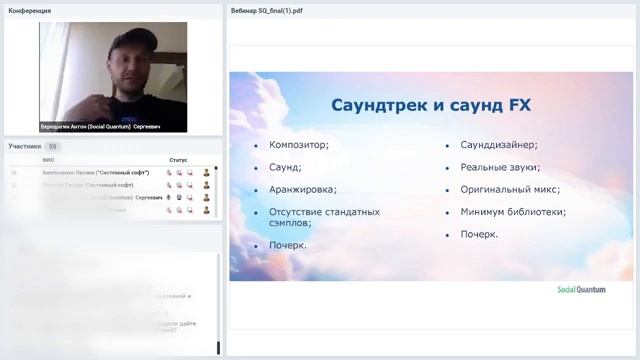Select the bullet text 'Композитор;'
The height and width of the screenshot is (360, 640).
[298, 145]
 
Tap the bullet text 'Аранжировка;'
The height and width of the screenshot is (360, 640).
[302, 189]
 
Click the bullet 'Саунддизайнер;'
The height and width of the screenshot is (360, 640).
[499, 145]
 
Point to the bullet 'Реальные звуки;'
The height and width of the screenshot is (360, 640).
[500, 167]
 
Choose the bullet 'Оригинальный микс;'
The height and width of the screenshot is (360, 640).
[510, 189]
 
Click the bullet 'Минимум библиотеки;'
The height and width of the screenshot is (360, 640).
[513, 212]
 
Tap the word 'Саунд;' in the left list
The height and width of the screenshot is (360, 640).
[285, 167]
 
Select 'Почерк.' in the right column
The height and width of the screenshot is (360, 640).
[479, 234]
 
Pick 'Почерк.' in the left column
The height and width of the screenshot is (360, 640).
[287, 245]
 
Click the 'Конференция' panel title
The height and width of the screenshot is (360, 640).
[30, 11]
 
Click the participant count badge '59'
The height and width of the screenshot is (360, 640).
[54, 146]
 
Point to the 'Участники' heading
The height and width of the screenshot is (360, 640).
[25, 146]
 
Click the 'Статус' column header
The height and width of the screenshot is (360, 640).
[178, 160]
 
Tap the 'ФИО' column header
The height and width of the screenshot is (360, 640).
[48, 160]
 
